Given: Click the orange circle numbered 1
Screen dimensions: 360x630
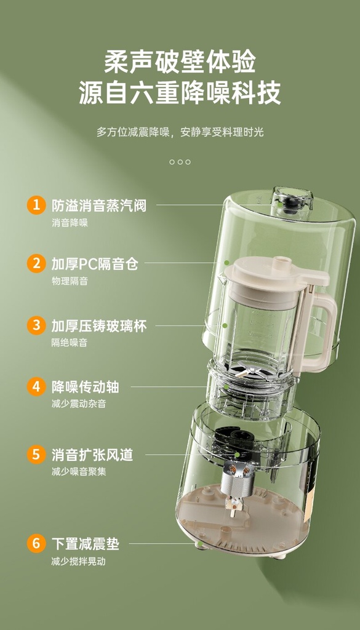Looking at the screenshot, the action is pyautogui.click(x=36, y=205).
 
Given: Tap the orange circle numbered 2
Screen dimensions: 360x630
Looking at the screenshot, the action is pyautogui.click(x=36, y=263).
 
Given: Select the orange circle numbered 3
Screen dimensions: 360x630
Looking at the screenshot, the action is pyautogui.click(x=36, y=325).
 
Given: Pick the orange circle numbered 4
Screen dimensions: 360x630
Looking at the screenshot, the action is pyautogui.click(x=36, y=387).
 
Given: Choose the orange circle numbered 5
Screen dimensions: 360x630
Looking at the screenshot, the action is pyautogui.click(x=36, y=455).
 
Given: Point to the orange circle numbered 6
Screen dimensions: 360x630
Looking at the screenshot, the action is pyautogui.click(x=36, y=544).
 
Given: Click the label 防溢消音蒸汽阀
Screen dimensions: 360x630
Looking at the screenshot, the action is pyautogui.click(x=99, y=205).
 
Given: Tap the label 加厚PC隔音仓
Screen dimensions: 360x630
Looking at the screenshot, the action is pyautogui.click(x=95, y=264).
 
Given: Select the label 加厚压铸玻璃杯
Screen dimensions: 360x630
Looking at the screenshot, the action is pyautogui.click(x=99, y=326).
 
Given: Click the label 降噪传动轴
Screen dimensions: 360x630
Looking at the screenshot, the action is pyautogui.click(x=85, y=388).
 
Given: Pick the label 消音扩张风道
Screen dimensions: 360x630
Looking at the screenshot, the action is pyautogui.click(x=92, y=455).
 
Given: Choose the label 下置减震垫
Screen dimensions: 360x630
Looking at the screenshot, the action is pyautogui.click(x=85, y=544).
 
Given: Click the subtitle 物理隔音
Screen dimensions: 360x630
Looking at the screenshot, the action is pyautogui.click(x=70, y=281).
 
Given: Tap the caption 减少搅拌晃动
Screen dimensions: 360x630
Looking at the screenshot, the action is pyautogui.click(x=78, y=561).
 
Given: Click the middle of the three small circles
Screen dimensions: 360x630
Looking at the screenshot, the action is pyautogui.click(x=180, y=162).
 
